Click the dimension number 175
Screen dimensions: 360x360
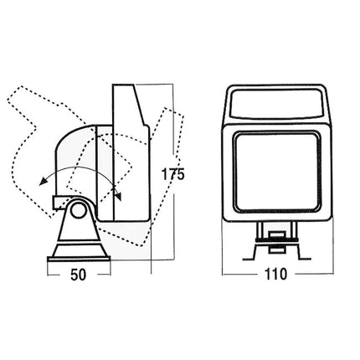tap(173, 174)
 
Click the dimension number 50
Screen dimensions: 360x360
tap(79, 275)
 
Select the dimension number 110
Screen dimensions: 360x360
tap(275, 274)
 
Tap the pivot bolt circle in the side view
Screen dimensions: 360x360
tap(78, 210)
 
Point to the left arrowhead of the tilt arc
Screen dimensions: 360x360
tap(43, 182)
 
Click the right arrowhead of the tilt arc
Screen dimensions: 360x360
tap(119, 196)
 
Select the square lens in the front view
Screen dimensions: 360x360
tap(276, 172)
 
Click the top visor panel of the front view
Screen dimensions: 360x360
tap(277, 104)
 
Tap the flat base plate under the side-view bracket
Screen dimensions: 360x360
tap(79, 260)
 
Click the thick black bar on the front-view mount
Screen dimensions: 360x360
tap(277, 239)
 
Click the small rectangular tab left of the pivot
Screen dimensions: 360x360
tap(60, 203)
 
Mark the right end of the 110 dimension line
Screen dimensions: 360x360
tap(333, 275)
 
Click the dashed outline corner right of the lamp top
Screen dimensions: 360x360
tap(183, 116)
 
